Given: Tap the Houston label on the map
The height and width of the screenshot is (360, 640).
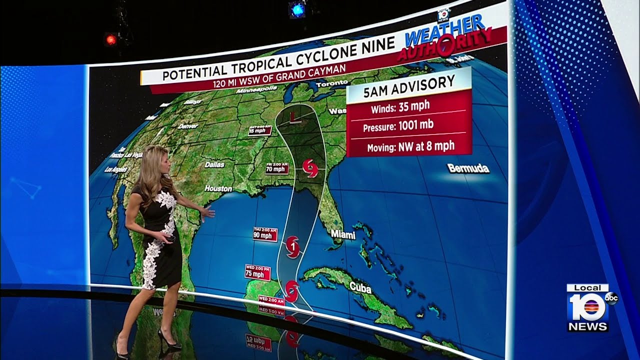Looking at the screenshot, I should (x=219, y=188).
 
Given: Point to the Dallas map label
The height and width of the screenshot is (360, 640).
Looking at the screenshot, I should (x=214, y=164).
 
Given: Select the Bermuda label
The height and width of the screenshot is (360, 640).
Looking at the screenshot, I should (x=468, y=168).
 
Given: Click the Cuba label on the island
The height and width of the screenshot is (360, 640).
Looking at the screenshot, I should (x=360, y=287).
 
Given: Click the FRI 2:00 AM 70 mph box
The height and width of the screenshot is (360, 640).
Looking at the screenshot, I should (x=277, y=167).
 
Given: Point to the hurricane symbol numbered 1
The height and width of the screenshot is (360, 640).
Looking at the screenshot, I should (x=292, y=246).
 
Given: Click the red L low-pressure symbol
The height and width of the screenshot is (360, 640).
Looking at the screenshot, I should (x=294, y=118).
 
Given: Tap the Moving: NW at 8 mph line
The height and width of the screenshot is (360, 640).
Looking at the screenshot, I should (x=410, y=146).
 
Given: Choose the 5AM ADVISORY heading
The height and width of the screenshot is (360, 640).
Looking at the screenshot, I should (x=408, y=83).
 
